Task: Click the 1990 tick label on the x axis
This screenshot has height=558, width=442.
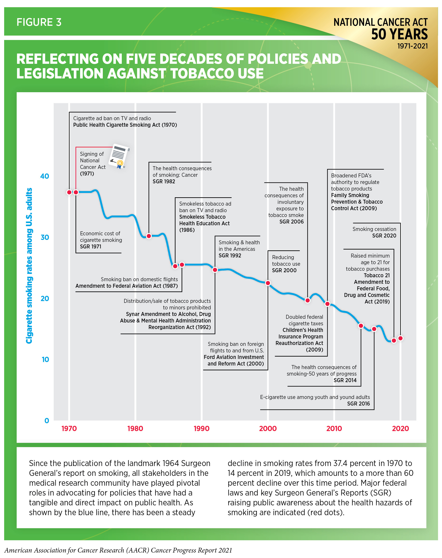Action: pos(201,428)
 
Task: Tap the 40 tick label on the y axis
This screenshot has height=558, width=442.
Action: pos(45,176)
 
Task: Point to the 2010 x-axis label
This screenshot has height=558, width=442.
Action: pos(334,428)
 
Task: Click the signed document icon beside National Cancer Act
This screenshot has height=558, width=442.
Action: pos(119,156)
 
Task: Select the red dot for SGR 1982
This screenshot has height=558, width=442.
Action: pos(149,236)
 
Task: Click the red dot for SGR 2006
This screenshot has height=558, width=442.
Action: pos(308,300)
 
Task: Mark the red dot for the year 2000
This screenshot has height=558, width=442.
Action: pos(268,283)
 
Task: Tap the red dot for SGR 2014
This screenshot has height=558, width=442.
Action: pos(361,326)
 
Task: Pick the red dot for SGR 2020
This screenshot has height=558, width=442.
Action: pos(400,338)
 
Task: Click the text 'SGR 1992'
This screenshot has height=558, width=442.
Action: pos(230,255)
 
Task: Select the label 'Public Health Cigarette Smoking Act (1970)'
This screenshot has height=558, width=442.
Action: pos(125,125)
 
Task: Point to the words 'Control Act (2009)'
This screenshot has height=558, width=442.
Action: pos(354,208)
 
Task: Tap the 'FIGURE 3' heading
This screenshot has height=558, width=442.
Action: pos(39,22)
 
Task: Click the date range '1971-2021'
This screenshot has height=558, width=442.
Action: pos(412,46)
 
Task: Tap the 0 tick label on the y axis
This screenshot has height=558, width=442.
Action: pos(46,421)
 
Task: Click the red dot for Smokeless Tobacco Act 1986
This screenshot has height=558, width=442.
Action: pos(175,266)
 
